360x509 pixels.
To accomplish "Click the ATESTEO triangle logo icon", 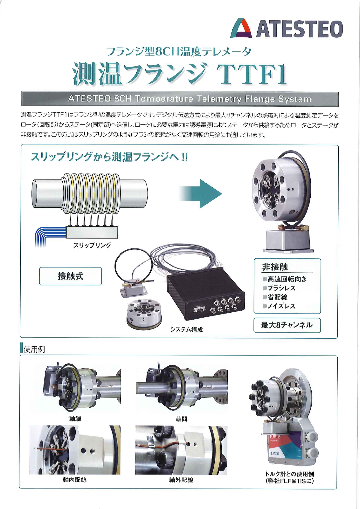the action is coord(241,29).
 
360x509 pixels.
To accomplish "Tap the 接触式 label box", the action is coord(70,276).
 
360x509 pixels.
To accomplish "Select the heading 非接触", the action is coord(275,267).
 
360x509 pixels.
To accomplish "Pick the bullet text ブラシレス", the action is coord(281,288).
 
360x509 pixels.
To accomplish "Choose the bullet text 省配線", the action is coord(278,297).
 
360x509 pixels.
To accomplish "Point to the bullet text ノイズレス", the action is coord(281,306).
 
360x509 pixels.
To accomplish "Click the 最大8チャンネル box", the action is coord(287,325).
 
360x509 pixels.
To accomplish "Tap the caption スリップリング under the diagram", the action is coord(92,245).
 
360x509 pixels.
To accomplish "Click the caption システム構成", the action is coord(187,329).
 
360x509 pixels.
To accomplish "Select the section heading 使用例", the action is coord(34,349).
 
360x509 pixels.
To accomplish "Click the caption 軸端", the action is coord(75,419).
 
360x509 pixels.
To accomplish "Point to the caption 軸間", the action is coord(181,419).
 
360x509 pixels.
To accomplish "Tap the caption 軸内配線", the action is coord(75,480).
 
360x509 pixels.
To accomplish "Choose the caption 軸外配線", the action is coord(181,480).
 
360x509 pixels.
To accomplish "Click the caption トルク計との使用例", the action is coord(290,474).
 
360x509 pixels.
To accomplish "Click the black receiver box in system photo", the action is coord(206,293).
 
